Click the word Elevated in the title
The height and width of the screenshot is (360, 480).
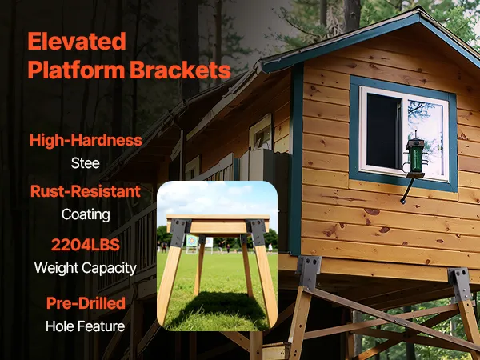(x=77, y=42)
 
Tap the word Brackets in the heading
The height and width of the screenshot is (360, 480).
(x=180, y=70)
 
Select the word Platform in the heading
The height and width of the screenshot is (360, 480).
(x=76, y=70)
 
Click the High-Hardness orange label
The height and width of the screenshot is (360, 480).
(x=86, y=140)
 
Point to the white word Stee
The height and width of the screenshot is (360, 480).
(x=86, y=163)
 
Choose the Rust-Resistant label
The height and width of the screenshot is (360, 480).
(x=86, y=191)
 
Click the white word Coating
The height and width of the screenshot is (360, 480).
(x=86, y=215)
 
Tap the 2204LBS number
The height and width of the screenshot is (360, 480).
(x=86, y=245)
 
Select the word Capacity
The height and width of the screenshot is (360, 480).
(x=110, y=269)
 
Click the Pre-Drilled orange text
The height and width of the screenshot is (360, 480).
(x=86, y=303)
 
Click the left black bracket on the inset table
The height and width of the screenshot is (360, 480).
(x=179, y=232)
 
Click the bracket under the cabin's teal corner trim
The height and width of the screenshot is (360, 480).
(x=309, y=271)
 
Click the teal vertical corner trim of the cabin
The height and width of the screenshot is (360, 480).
(x=296, y=159)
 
